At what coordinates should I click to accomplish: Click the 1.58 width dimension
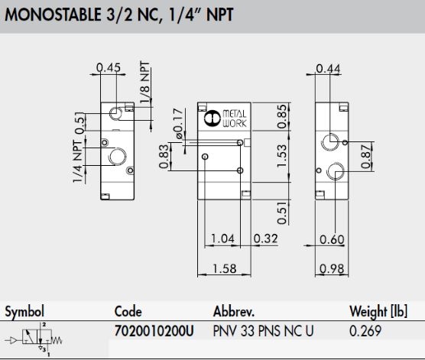(225, 268)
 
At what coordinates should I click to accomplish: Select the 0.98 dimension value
(332, 268)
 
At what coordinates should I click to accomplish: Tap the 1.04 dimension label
(222, 238)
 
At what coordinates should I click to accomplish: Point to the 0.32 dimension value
(266, 238)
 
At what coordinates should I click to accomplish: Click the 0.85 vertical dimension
(282, 116)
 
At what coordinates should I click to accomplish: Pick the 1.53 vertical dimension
(282, 156)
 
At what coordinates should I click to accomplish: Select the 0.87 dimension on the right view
(365, 157)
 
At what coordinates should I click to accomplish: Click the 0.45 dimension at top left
(109, 67)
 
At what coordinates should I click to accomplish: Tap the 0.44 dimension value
(328, 68)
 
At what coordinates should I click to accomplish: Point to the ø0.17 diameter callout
(178, 124)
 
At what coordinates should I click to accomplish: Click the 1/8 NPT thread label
(144, 82)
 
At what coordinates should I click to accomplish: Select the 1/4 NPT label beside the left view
(77, 161)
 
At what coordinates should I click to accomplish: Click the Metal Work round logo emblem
(212, 118)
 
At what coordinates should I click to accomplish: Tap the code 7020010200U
(154, 331)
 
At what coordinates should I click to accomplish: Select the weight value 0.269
(365, 331)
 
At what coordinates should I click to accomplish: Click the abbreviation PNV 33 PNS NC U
(263, 331)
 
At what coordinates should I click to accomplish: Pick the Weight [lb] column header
(378, 311)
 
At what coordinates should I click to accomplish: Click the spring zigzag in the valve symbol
(57, 340)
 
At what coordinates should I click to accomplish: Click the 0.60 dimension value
(332, 239)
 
